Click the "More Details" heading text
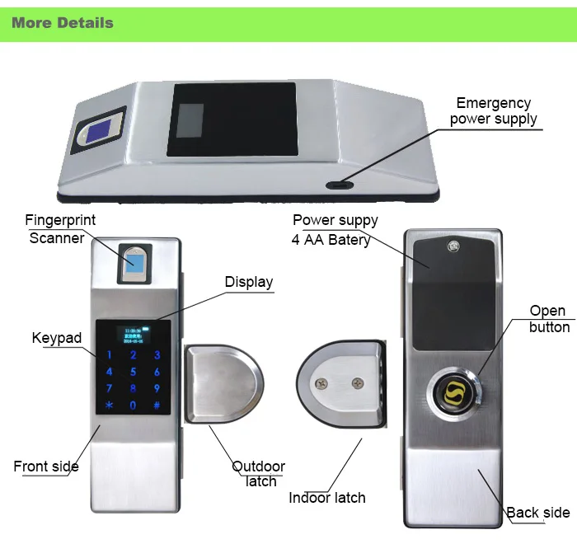(63, 23)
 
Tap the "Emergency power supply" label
(494, 110)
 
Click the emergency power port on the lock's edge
(340, 185)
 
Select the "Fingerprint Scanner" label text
(60, 229)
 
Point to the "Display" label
(249, 282)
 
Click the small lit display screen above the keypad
(134, 335)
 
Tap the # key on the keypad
(157, 406)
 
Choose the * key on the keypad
(110, 406)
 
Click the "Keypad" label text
(57, 338)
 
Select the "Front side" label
(46, 467)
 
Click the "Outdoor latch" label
(259, 474)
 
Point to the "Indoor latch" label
(327, 498)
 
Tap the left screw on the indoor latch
(321, 383)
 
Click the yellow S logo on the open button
(454, 392)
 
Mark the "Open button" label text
(549, 319)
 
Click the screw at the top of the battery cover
(453, 246)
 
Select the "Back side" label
(538, 513)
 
